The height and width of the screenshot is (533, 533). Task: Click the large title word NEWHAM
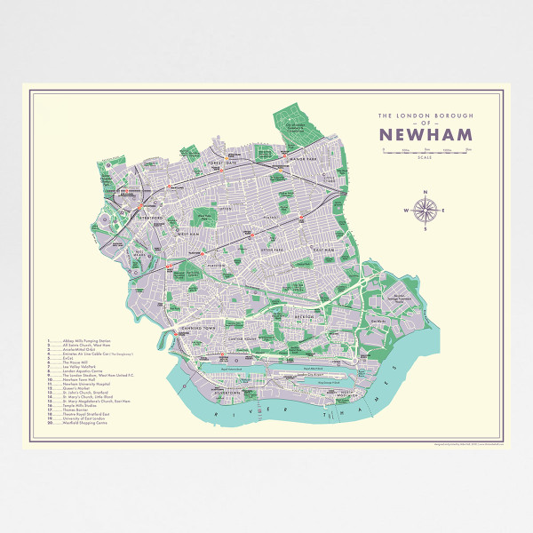point(426,135)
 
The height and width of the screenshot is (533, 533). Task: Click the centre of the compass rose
point(426,211)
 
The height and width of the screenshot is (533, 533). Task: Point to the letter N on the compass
point(426,193)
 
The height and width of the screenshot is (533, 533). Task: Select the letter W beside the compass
point(406,211)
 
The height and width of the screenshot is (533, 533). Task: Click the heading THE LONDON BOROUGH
point(426,115)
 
